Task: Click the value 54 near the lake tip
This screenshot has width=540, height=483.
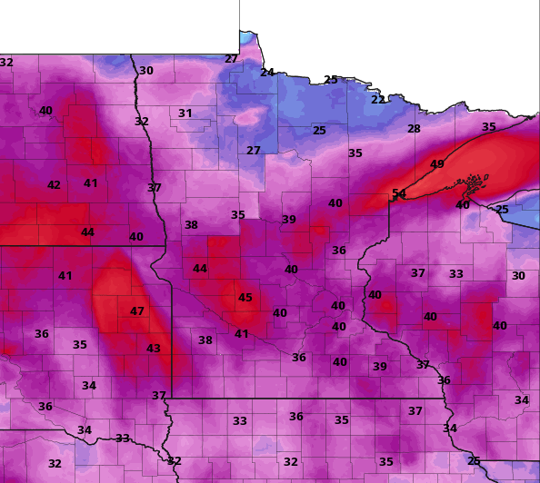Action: coord(399,193)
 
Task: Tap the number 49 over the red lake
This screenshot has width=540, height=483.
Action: coord(437,164)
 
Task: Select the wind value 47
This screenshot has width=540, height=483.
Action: coord(136,311)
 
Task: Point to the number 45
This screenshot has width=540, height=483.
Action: coord(245,298)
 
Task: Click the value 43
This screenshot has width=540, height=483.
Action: coord(154,349)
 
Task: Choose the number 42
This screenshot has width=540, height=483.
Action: coord(54,185)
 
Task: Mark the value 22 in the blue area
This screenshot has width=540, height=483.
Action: coord(377,100)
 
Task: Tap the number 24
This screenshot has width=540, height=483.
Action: coord(267,73)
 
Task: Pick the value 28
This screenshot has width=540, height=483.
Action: coord(414,129)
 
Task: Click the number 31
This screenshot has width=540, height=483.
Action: coord(185,113)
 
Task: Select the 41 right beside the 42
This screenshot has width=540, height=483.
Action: coord(91,183)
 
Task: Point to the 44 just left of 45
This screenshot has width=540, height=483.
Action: coord(200,269)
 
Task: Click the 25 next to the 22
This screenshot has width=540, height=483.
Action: coord(331,80)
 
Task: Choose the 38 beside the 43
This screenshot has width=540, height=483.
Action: coord(205,340)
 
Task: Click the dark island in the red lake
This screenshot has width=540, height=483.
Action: coord(470,189)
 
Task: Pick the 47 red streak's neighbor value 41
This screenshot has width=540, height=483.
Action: coord(65,276)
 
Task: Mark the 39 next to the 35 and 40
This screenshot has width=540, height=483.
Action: coord(289,220)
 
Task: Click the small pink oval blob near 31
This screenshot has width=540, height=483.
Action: coord(247,118)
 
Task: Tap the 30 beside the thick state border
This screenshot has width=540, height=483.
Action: coord(146,71)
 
